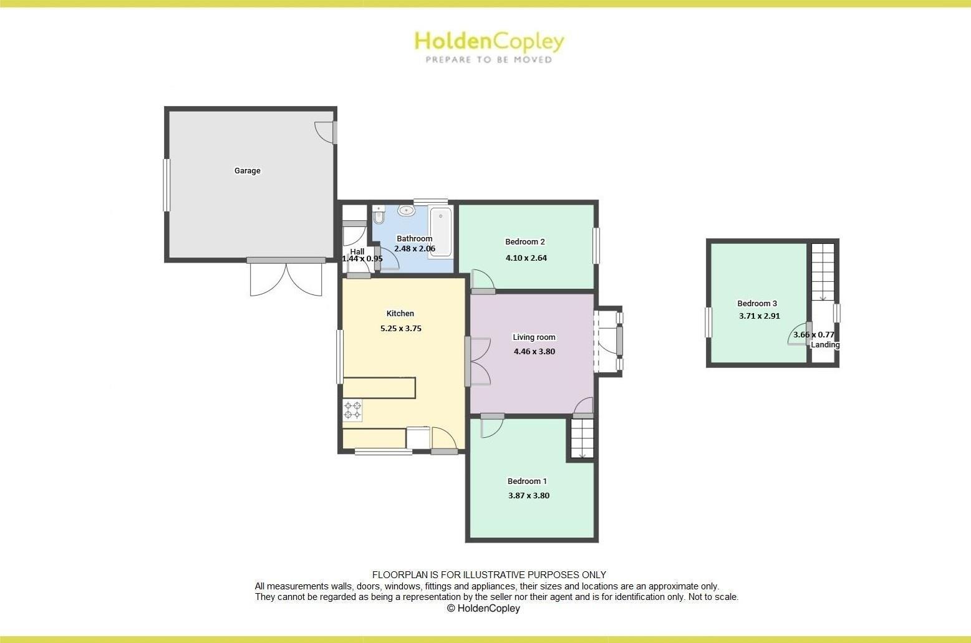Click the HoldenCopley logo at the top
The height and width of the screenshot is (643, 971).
coord(489,46)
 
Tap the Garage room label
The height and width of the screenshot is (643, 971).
coord(247,171)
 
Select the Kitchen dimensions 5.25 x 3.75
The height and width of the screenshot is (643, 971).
coord(400,328)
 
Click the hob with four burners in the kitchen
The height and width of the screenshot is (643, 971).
coord(352,410)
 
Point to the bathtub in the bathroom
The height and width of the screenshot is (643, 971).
coord(440,233)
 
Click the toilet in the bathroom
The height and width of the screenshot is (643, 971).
coord(379,216)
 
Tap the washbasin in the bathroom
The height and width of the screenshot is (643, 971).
coord(406,210)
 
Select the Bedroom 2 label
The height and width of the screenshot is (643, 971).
coord(525,242)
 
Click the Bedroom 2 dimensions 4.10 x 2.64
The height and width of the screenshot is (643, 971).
coord(526,258)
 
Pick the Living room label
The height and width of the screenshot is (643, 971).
coord(534,337)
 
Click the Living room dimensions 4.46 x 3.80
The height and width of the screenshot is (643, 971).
coord(534,351)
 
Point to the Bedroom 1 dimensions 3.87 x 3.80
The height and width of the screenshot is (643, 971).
coord(528,496)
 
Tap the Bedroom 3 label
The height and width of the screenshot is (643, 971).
coord(757,304)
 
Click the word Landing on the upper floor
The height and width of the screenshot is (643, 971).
coord(825,345)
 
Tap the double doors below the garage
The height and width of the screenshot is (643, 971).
coord(286,279)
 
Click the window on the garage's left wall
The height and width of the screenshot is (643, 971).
coord(167,185)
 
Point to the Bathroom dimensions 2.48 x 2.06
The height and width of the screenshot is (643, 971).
coord(415,249)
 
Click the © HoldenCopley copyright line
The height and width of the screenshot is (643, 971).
coord(483,608)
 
